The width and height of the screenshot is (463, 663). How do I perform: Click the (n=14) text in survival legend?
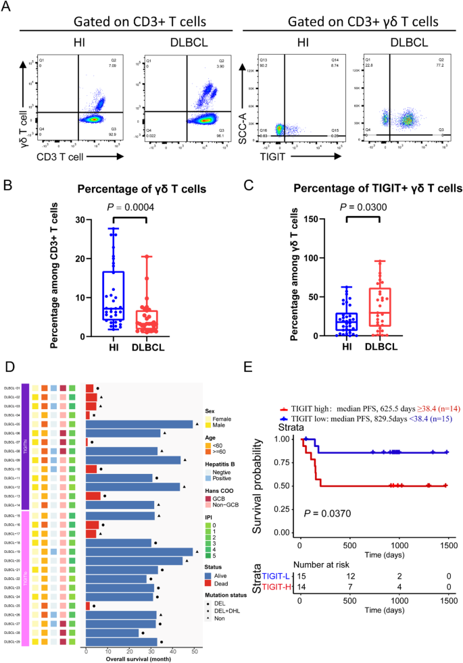click(x=443, y=409)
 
